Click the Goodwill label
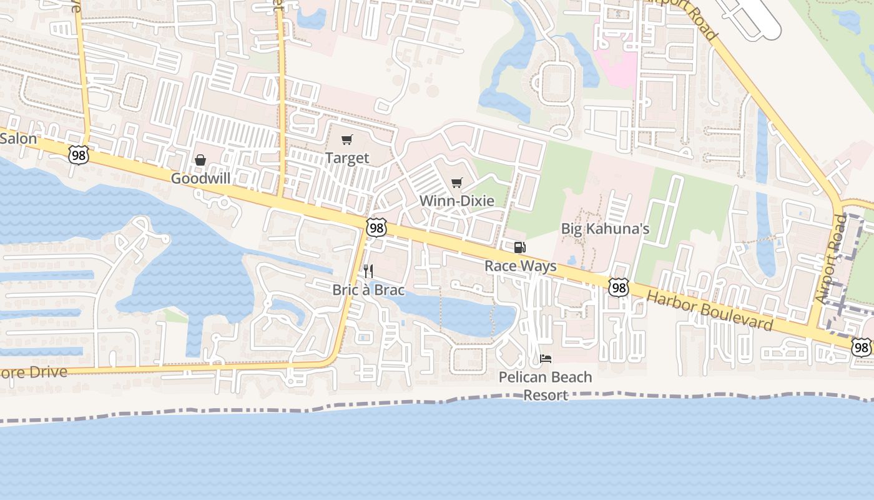[200, 179]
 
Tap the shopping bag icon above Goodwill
[200, 161]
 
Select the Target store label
[347, 159]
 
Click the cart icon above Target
[347, 140]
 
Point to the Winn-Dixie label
[457, 201]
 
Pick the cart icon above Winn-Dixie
[457, 182]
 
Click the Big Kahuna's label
[605, 229]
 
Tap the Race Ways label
[521, 266]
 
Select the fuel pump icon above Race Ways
[519, 247]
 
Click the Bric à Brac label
[368, 290]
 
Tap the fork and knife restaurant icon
[368, 271]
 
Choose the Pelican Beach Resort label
[546, 386]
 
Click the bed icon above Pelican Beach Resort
[546, 359]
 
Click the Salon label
[19, 139]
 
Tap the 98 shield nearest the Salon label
[79, 156]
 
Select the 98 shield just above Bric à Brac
[376, 228]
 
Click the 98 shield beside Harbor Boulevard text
[619, 287]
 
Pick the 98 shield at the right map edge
[862, 347]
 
